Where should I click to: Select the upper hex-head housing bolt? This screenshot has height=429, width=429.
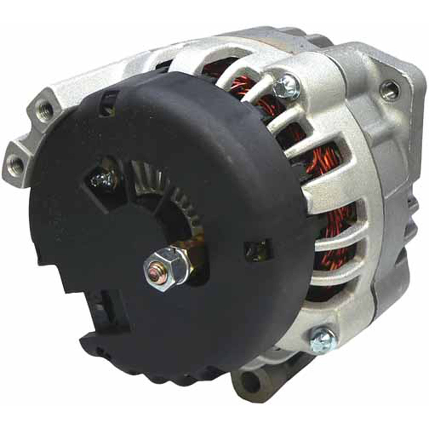287,86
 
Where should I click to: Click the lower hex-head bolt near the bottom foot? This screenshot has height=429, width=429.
322,338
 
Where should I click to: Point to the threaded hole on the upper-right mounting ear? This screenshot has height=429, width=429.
389,88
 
